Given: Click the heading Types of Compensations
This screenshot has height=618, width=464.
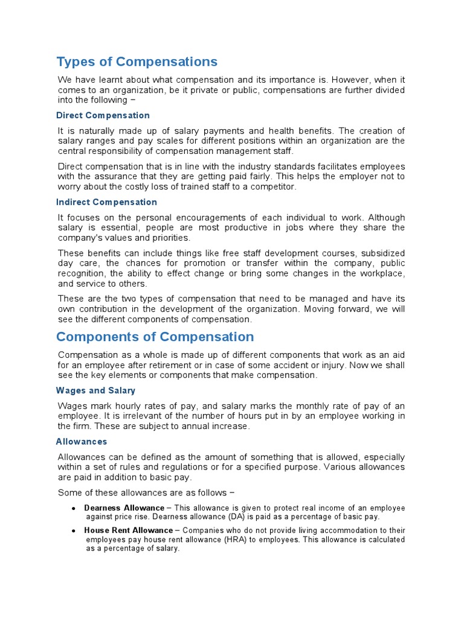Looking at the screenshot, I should tap(137, 62).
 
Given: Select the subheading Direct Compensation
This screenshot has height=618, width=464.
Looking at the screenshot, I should tap(103, 115).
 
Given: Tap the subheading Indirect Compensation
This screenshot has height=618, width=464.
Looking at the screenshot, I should tap(106, 202).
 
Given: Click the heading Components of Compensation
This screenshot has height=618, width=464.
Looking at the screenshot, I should tap(155, 337).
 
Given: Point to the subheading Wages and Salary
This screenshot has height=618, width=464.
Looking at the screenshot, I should tap(95, 390).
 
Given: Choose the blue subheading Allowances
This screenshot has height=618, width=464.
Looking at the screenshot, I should tap(82, 442).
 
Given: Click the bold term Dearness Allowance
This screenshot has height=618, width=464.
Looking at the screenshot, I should tap(124, 508).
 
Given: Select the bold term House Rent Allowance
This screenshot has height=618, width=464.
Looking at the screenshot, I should tap(128, 530).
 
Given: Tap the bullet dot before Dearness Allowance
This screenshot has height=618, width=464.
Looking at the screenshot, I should tap(73, 509).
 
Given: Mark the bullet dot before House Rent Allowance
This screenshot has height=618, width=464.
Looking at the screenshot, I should tap(73, 531).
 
